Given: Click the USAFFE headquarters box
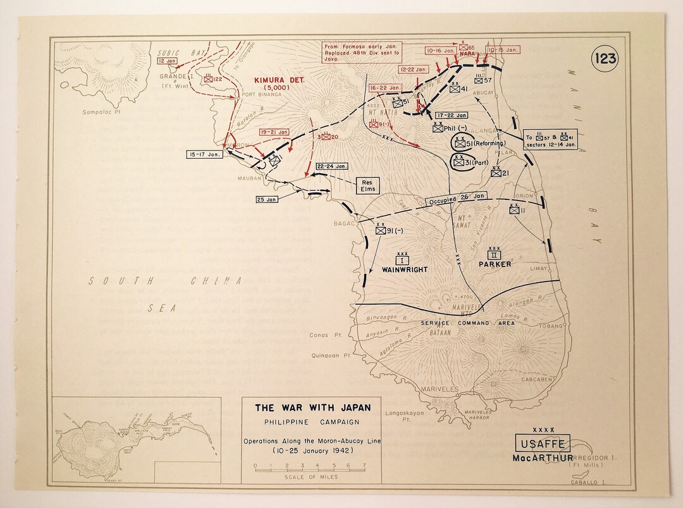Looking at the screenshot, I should point(544,443).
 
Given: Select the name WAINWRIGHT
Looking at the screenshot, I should point(405,269).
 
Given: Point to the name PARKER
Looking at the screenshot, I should point(495,264).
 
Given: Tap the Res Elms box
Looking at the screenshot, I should point(368,185).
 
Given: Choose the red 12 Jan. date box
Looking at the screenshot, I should point(168,61).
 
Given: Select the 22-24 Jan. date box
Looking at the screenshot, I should point(333,166).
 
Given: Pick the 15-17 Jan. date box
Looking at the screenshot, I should point(204,154).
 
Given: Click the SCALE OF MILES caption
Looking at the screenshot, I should point(310,477).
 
